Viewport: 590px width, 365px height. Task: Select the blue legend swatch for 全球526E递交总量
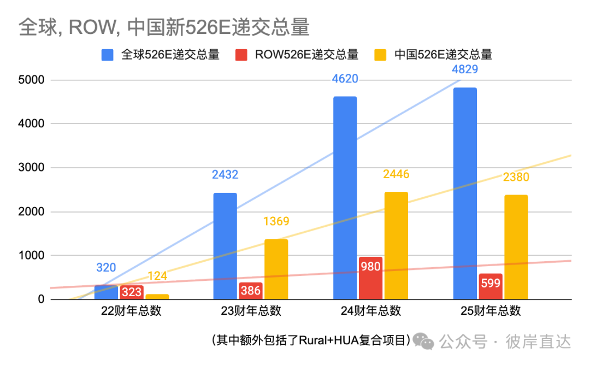[x=108, y=55]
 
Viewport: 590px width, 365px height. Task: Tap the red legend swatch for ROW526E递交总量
[x=241, y=55]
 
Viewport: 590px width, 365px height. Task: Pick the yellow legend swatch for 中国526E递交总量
[x=381, y=55]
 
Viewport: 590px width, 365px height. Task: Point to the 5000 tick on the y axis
[x=32, y=80]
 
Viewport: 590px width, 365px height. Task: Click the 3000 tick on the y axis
[x=32, y=168]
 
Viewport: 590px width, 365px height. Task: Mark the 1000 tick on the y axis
[x=32, y=256]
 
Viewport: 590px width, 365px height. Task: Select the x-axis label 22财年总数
[x=131, y=311]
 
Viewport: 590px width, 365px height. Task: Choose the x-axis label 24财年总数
[x=371, y=311]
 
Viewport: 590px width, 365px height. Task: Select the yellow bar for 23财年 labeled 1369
[x=276, y=269]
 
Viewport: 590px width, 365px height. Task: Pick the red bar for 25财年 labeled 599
[x=491, y=286]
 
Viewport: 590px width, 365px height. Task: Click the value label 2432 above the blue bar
[x=225, y=175]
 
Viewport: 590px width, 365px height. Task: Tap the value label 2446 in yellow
[x=396, y=174]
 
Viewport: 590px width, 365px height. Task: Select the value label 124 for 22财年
[x=157, y=276]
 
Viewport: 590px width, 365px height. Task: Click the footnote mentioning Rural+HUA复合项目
[x=310, y=340]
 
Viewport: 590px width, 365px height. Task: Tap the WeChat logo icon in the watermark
[x=423, y=342]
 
